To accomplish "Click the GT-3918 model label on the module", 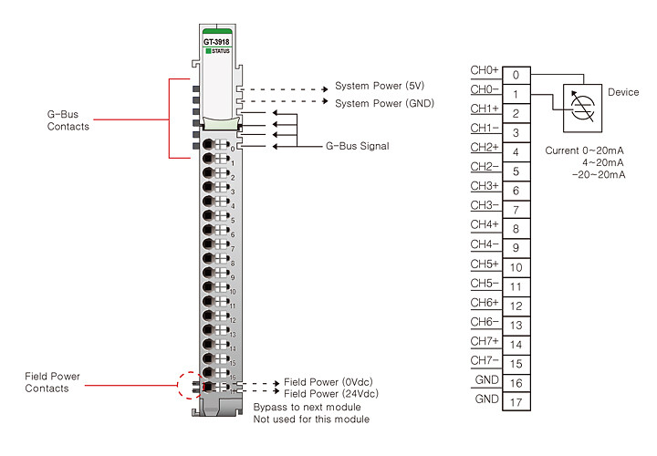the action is click(x=216, y=42).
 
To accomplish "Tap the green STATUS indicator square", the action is click(x=208, y=51).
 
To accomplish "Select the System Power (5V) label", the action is click(x=380, y=86).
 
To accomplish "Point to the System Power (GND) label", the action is click(x=385, y=103).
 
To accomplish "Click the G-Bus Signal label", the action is click(x=358, y=146).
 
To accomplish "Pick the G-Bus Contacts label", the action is click(x=68, y=120).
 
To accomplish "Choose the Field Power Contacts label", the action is click(x=52, y=382).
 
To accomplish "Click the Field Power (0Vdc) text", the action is click(x=328, y=382).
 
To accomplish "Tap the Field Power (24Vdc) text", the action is click(x=331, y=394).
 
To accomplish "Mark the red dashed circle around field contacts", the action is click(x=178, y=385).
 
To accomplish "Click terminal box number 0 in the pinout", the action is click(x=516, y=75).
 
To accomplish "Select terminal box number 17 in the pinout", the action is click(x=516, y=402).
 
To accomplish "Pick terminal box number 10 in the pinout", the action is click(x=516, y=267).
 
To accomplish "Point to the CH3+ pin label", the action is click(x=485, y=185).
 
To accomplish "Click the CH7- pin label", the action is click(x=485, y=360).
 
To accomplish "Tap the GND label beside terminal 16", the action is click(x=487, y=379).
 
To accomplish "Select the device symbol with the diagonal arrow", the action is click(x=582, y=108).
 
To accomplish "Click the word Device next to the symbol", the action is click(x=623, y=92).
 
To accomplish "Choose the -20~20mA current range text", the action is click(x=599, y=174).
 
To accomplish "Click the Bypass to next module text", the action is click(x=308, y=407).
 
